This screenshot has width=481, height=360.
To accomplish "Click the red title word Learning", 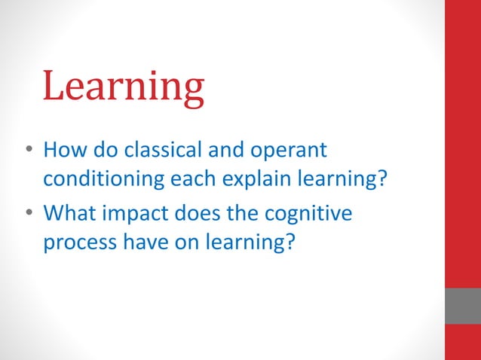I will [124, 86].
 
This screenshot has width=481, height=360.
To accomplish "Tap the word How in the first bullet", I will [63, 150].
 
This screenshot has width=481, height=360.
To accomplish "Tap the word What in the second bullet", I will [67, 214].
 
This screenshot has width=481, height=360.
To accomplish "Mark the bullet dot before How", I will [28, 151].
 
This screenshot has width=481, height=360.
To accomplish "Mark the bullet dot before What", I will [28, 215].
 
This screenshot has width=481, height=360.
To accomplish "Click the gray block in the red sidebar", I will [462, 305].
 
